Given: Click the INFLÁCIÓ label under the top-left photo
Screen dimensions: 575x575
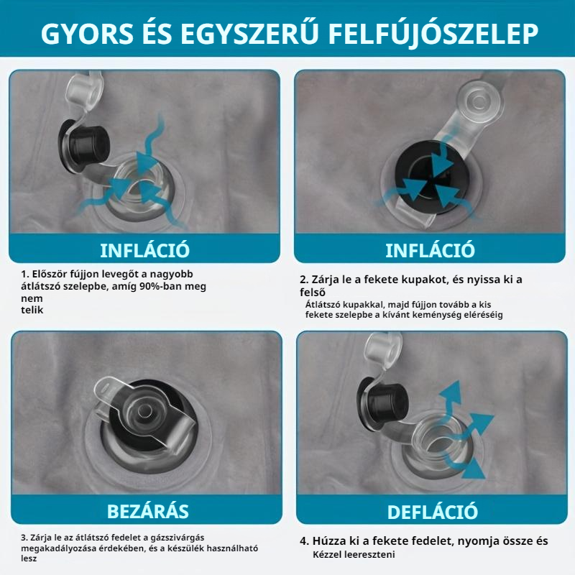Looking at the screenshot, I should point(144,250).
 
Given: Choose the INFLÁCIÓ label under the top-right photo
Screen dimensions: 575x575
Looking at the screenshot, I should point(430,250).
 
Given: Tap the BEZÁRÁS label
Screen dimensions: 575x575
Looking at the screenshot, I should point(147,511).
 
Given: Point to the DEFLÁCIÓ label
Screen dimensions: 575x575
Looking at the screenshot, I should point(432,512).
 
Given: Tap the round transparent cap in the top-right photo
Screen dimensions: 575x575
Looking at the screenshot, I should point(477,98).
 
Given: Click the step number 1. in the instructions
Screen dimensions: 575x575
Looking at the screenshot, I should point(24,275).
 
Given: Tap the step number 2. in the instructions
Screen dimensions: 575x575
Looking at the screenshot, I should point(304,280).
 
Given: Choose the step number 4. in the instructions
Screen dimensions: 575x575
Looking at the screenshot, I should point(304,541).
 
